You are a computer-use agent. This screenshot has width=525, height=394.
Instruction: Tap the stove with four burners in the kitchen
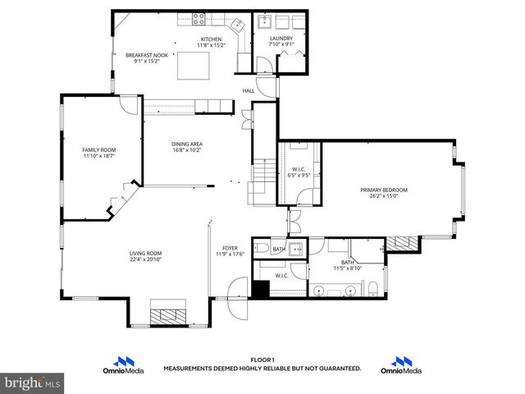point(199,17)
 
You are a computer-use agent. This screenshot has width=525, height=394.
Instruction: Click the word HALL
point(248,90)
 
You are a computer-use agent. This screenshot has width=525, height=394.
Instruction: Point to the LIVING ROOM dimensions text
point(145,259)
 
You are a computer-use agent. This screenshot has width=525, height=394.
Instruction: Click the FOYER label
point(231,248)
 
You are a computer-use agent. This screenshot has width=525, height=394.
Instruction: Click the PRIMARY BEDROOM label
point(384,190)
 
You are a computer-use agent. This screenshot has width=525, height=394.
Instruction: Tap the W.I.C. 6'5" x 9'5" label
point(299,175)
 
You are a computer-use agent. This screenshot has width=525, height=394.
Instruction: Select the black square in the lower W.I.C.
point(261,290)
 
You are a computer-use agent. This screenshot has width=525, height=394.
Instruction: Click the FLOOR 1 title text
point(262,360)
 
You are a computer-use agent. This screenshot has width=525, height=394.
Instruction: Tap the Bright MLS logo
point(33,383)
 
